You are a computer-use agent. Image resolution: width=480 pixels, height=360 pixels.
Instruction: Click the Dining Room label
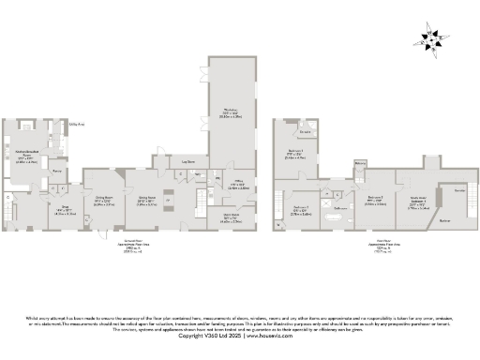[x=104, y=200]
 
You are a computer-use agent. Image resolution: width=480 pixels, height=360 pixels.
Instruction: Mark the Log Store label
[x=187, y=162]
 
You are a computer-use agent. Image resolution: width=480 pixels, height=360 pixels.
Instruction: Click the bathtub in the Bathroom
[x=334, y=217]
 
